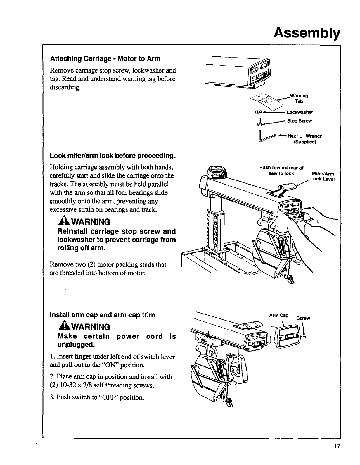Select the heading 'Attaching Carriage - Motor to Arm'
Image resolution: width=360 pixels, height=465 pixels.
[105, 58]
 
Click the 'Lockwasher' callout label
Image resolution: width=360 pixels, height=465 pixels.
[300, 112]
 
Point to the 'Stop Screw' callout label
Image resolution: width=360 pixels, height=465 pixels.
[300, 121]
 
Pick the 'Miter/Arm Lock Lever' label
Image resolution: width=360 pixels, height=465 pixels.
[322, 177]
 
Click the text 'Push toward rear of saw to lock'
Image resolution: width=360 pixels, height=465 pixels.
[281, 170]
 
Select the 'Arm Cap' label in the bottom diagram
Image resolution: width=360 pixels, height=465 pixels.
[279, 315]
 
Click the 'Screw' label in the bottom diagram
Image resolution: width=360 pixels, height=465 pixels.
[303, 318]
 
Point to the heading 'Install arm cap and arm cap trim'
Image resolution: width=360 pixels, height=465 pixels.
[103, 315]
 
